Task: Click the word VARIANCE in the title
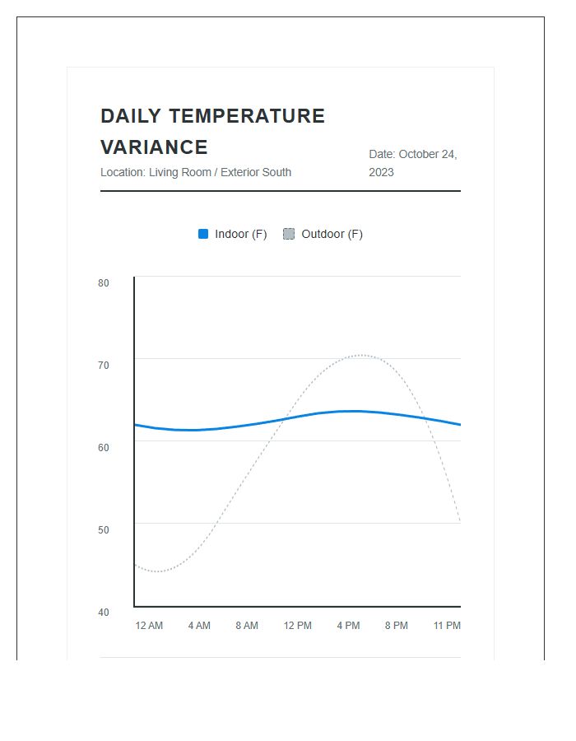(x=154, y=147)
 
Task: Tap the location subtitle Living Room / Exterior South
(x=196, y=172)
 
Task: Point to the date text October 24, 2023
(x=412, y=163)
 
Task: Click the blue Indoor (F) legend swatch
(x=203, y=234)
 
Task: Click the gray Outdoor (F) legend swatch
(x=289, y=234)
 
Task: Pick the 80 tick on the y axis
(x=104, y=283)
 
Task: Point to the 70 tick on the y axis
(x=104, y=365)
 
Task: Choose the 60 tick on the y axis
(x=104, y=447)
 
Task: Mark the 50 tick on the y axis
(x=104, y=529)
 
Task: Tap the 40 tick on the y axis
(x=104, y=612)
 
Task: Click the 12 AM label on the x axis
(x=149, y=626)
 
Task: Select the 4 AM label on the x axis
(x=199, y=626)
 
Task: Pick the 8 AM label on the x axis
(x=247, y=626)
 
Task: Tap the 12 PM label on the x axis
(x=298, y=626)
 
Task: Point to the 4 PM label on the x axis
(x=348, y=626)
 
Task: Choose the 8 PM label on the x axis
(x=397, y=626)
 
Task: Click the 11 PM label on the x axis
(x=447, y=626)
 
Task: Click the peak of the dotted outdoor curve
(x=361, y=355)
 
